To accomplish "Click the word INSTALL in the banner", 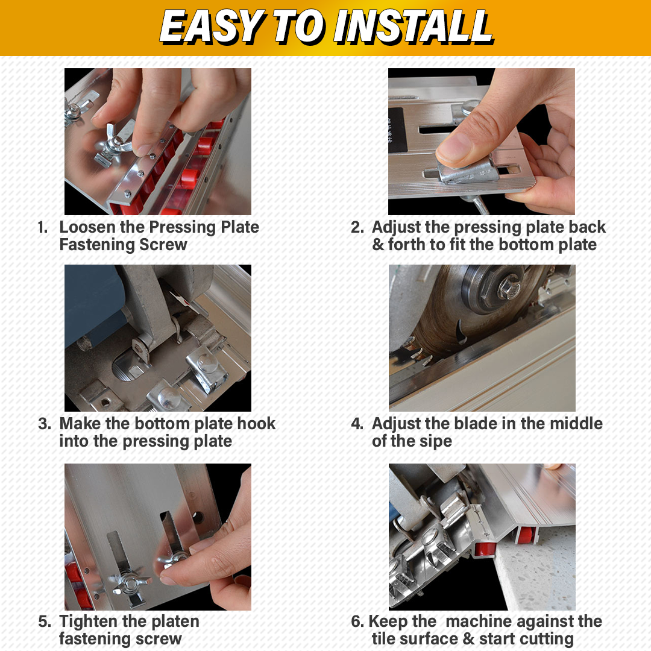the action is pyautogui.click(x=414, y=27).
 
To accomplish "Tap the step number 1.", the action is pyautogui.click(x=42, y=227).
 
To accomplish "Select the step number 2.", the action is pyautogui.click(x=357, y=227).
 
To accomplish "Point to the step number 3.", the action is pyautogui.click(x=45, y=424).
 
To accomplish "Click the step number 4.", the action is pyautogui.click(x=357, y=424).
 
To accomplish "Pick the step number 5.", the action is pyautogui.click(x=45, y=621).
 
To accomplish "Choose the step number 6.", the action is pyautogui.click(x=357, y=621).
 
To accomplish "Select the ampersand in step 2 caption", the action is pyautogui.click(x=378, y=245).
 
